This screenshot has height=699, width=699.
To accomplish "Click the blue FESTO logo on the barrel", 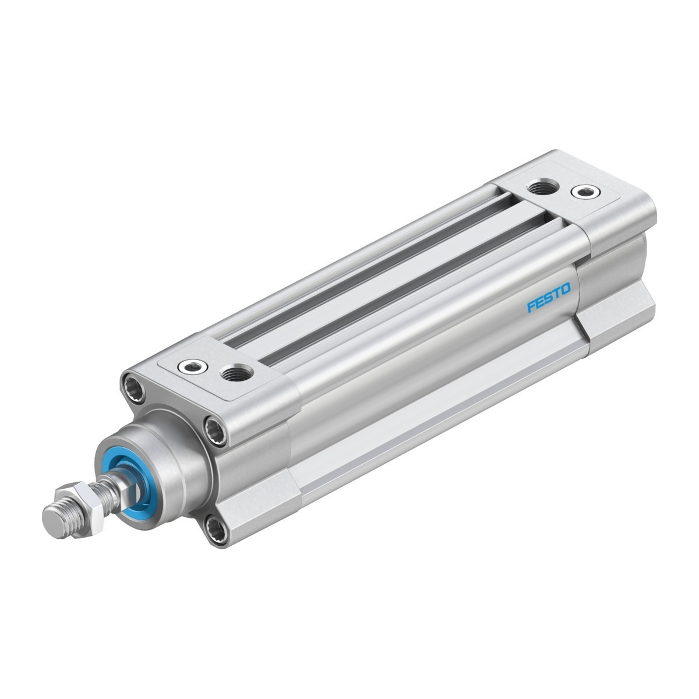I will pos(549,297).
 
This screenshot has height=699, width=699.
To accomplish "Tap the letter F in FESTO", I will pos(531,306).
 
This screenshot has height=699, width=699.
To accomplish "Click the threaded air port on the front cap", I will pos(238,373).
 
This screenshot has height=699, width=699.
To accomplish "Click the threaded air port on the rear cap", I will pos(543,188).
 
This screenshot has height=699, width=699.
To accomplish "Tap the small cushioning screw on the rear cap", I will pos(584,192).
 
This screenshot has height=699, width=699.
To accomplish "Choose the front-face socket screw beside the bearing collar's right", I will pos(217,432).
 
